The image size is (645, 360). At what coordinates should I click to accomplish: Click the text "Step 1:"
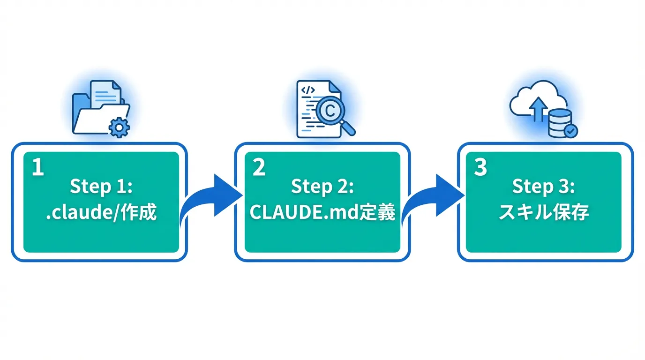[101, 187]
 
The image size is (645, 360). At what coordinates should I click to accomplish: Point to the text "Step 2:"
[322, 187]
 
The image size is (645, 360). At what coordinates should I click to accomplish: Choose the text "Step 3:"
[544, 187]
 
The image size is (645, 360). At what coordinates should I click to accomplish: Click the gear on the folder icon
[120, 126]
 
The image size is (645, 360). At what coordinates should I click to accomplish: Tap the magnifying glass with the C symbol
[330, 111]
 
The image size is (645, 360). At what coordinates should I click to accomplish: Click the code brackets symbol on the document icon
[308, 90]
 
